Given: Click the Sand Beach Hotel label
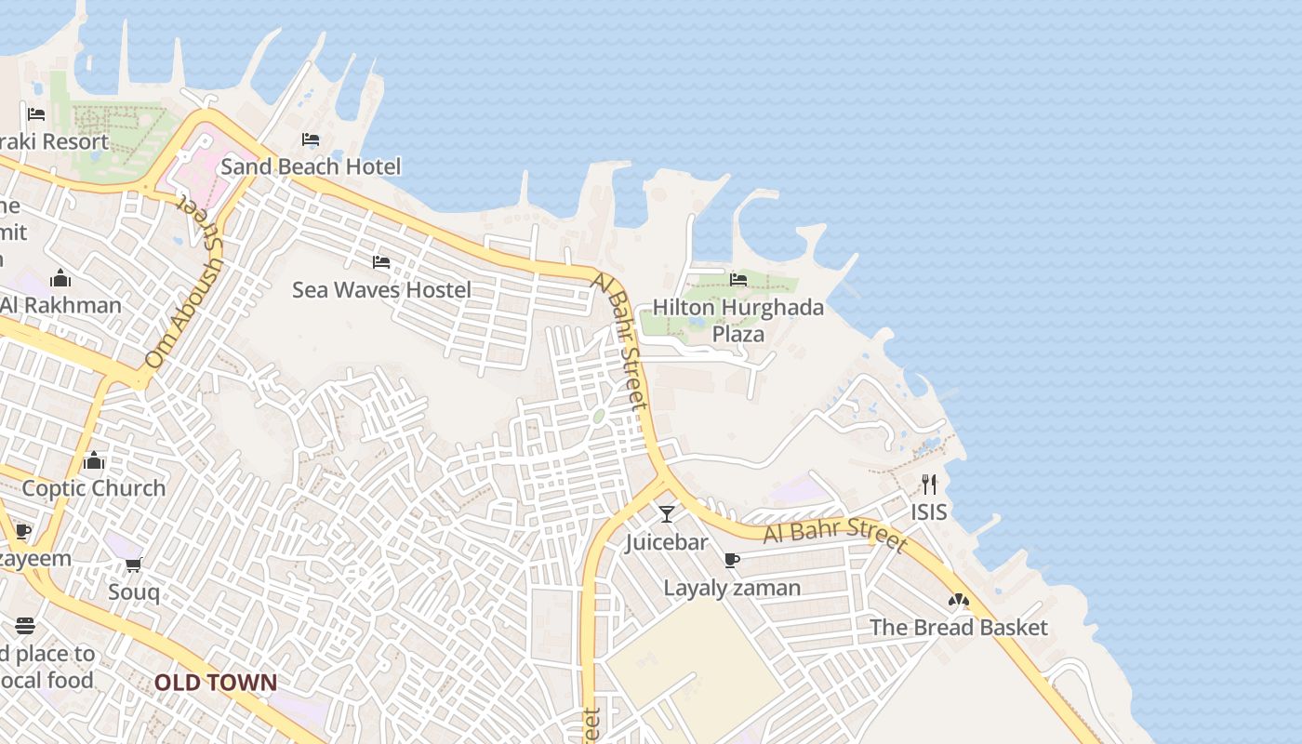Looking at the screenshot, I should click(311, 166).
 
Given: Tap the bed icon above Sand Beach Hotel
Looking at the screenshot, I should click(311, 140).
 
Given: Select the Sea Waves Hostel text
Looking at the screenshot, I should click(381, 289).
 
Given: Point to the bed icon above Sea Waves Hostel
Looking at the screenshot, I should click(381, 262).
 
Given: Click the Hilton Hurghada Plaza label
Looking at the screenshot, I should click(737, 320).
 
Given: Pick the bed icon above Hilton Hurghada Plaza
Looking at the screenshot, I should click(738, 279).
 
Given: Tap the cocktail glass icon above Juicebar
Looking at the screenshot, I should click(667, 514).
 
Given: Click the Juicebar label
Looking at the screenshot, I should click(666, 541).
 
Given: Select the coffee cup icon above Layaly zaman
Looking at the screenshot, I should click(732, 560).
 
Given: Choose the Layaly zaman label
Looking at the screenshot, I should click(732, 588).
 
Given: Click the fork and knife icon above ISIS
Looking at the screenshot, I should click(929, 485).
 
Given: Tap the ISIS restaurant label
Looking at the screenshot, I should click(929, 511).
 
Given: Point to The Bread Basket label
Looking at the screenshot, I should click(958, 627).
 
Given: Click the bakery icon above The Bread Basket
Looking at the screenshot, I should click(959, 600).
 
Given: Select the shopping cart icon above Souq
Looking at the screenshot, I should click(134, 565).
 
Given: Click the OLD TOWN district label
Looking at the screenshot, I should click(215, 683).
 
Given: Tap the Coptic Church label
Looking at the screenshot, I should click(93, 487).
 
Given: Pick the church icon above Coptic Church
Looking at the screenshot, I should click(93, 460).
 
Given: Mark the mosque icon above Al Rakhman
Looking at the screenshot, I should click(60, 278).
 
